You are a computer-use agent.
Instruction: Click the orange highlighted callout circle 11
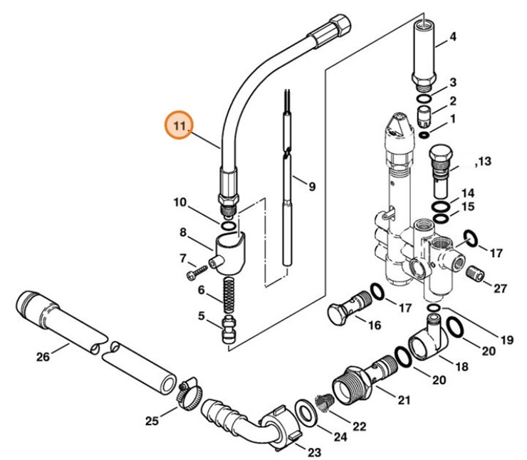click(x=179, y=126)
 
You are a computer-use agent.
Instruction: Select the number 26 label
click(x=43, y=356)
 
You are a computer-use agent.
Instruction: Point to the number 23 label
click(x=314, y=451)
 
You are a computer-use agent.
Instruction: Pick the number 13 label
click(x=485, y=162)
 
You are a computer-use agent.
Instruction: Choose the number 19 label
click(x=506, y=340)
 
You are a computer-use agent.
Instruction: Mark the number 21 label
click(x=404, y=400)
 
